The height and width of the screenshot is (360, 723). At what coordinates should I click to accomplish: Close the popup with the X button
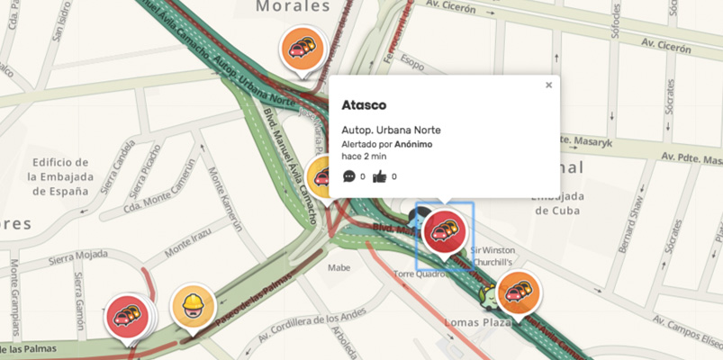pyautogui.click(x=548, y=85)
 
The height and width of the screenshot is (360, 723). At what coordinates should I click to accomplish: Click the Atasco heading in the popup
pyautogui.click(x=364, y=104)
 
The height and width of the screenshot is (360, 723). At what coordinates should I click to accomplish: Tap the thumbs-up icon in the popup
pyautogui.click(x=379, y=176)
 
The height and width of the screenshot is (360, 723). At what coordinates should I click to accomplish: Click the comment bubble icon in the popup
pyautogui.click(x=349, y=176)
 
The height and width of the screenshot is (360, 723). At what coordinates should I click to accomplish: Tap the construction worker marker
pyautogui.click(x=192, y=304)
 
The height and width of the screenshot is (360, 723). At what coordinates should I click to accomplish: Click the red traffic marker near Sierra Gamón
pyautogui.click(x=129, y=315)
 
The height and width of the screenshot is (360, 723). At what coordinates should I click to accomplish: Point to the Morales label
pyautogui.click(x=294, y=7)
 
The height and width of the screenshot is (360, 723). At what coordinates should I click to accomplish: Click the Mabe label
pyautogui.click(x=339, y=267)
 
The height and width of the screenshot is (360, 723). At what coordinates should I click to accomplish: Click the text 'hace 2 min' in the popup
pyautogui.click(x=363, y=156)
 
